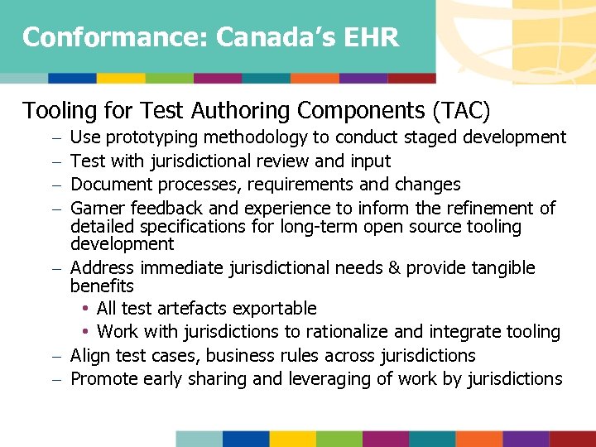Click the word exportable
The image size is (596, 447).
273,309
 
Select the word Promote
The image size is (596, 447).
104,379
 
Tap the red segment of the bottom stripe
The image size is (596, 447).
573,439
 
